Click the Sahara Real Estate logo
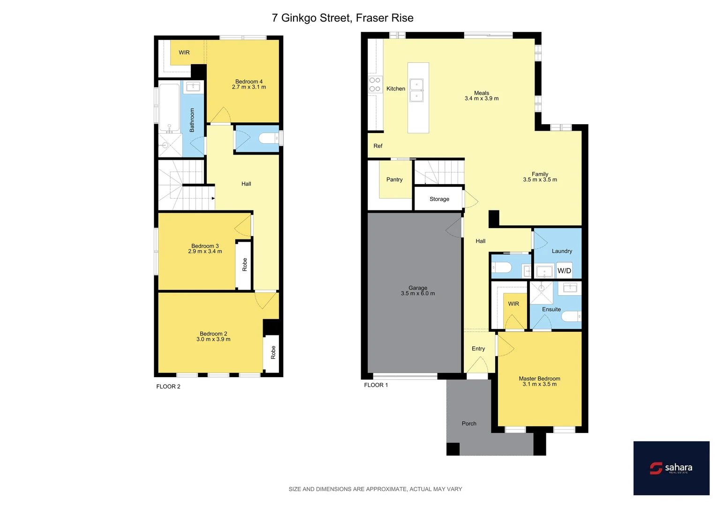671,468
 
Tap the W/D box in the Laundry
564,271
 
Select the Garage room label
417,288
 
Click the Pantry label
394,179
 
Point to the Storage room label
439,199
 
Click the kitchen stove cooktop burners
375,84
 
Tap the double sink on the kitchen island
416,90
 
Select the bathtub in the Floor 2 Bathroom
169,107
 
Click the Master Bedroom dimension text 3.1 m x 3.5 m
539,384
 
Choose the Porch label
469,424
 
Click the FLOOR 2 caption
168,387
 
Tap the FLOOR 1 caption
376,385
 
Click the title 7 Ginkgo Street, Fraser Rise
342,18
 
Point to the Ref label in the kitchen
378,146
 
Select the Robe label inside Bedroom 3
244,265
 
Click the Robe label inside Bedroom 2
273,353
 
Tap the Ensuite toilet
571,317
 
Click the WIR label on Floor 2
184,52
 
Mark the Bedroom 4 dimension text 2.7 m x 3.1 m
249,87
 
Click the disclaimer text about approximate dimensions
375,489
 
